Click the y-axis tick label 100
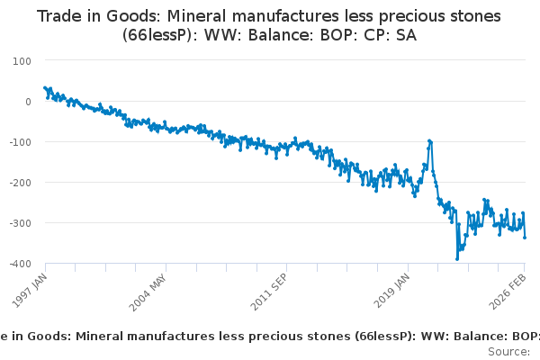pos(22,60)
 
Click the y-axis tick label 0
pos(27,101)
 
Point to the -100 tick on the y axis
pos(20,141)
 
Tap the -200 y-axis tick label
pos(20,182)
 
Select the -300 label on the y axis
pos(20,222)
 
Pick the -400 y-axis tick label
pos(20,263)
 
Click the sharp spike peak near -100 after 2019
pos(429,140)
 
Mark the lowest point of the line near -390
pos(457,259)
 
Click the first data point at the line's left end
pos(45,88)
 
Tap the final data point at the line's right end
pos(525,238)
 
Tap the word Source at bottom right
pos(509,351)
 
